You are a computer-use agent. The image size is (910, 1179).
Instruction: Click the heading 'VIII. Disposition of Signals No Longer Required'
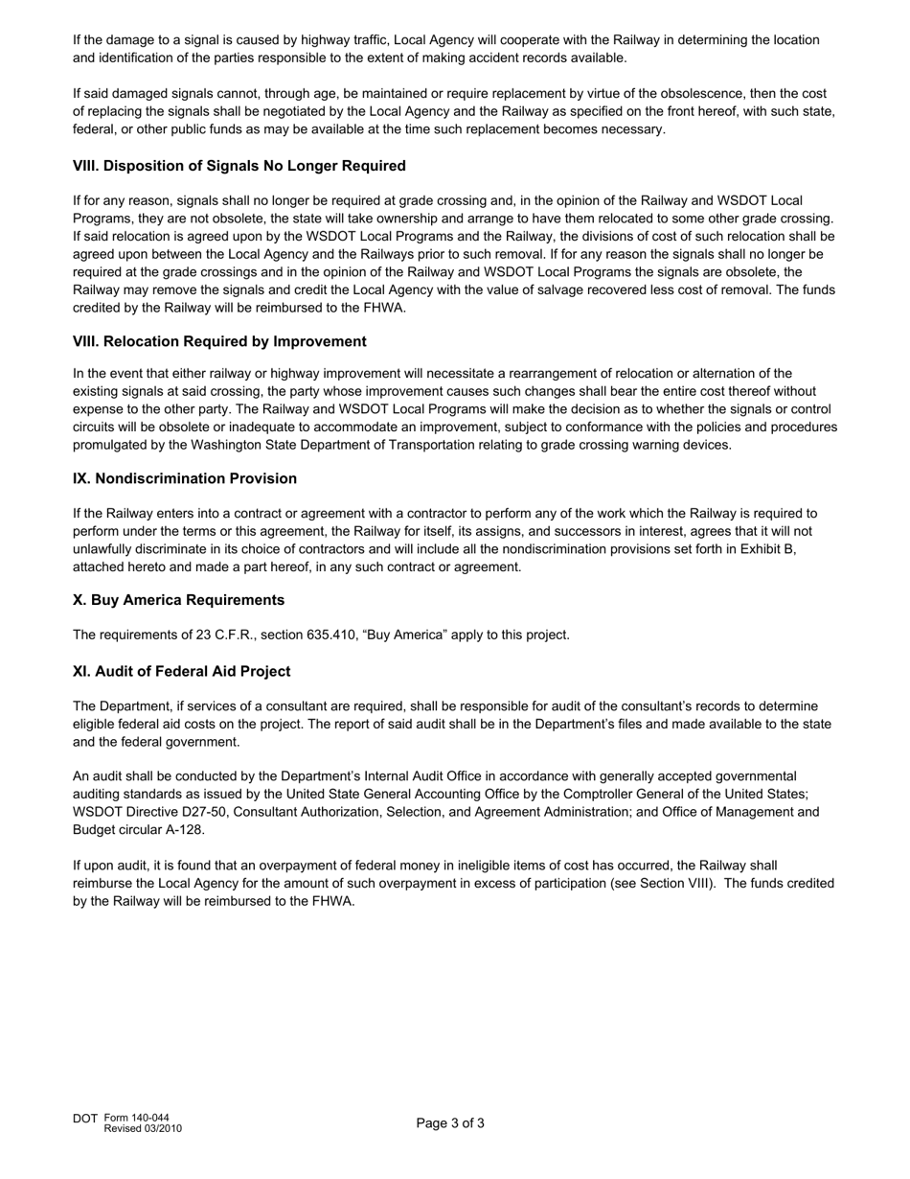(x=239, y=166)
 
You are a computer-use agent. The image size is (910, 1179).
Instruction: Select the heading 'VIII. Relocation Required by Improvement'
(x=219, y=341)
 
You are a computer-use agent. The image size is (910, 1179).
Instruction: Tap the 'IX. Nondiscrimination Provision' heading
(x=185, y=478)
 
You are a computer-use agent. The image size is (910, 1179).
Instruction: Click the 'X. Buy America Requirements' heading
(x=178, y=600)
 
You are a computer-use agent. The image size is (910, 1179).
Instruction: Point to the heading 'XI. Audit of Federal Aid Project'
(x=181, y=671)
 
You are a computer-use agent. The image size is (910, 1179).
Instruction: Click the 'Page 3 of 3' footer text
(x=450, y=1123)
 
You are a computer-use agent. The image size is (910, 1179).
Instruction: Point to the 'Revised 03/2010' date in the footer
(x=143, y=1128)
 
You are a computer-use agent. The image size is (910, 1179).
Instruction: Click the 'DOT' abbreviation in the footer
(x=85, y=1119)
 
